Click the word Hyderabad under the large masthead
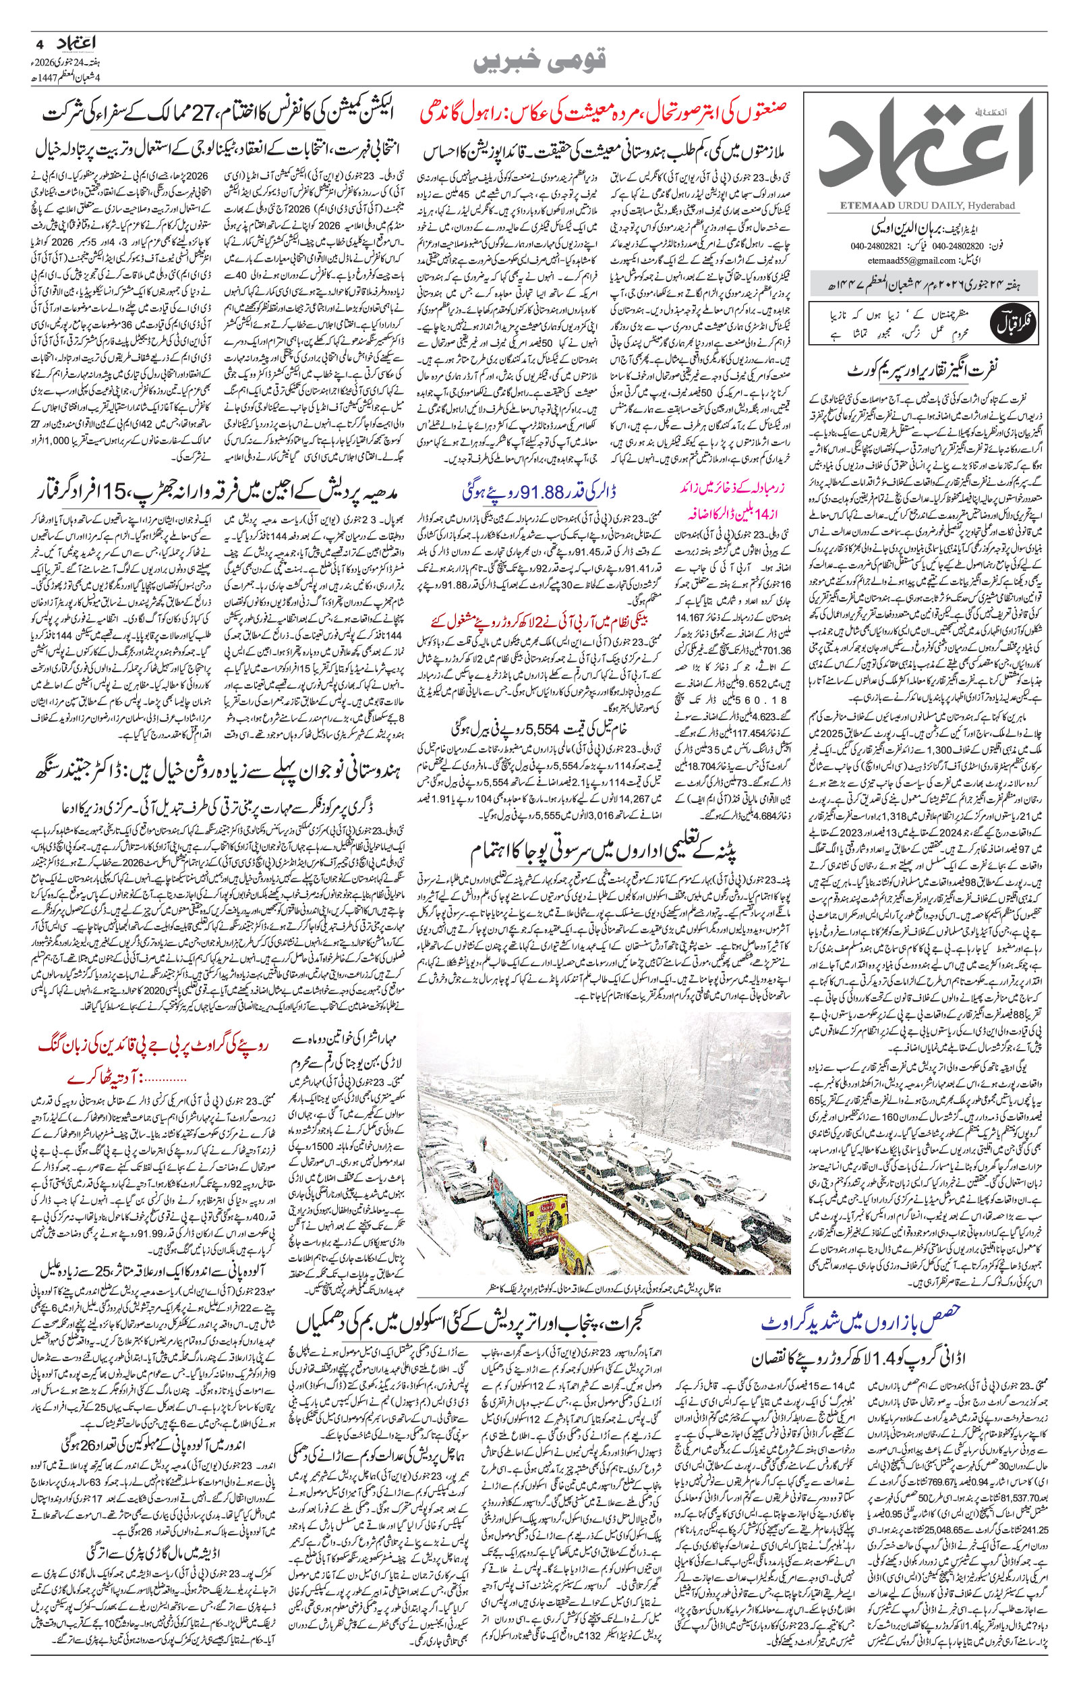(995, 205)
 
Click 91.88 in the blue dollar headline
(537, 493)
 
